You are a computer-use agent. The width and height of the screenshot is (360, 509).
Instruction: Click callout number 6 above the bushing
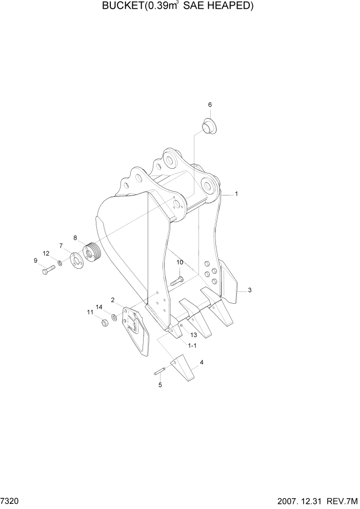(x=210, y=105)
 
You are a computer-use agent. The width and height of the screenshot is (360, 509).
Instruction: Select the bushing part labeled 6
(x=208, y=126)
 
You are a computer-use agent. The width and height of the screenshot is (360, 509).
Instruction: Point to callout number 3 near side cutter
(x=249, y=290)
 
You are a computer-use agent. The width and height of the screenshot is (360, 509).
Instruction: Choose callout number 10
(x=179, y=263)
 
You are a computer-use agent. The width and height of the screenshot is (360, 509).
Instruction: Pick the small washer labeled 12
(x=61, y=263)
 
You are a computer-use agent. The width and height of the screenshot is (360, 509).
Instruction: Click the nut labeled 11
(x=103, y=323)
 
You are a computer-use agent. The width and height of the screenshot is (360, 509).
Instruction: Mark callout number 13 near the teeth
(x=193, y=335)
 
